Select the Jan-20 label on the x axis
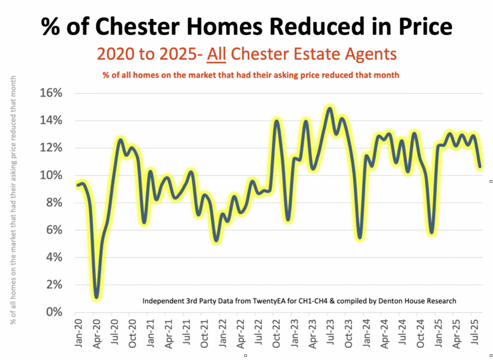[x=78, y=332]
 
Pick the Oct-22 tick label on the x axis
[x=275, y=332]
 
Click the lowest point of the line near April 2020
[x=97, y=297]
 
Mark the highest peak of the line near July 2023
[x=329, y=108]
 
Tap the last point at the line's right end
[x=480, y=167]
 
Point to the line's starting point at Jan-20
[x=78, y=185]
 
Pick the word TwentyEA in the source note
[x=281, y=301]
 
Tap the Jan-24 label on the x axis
[x=365, y=332]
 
